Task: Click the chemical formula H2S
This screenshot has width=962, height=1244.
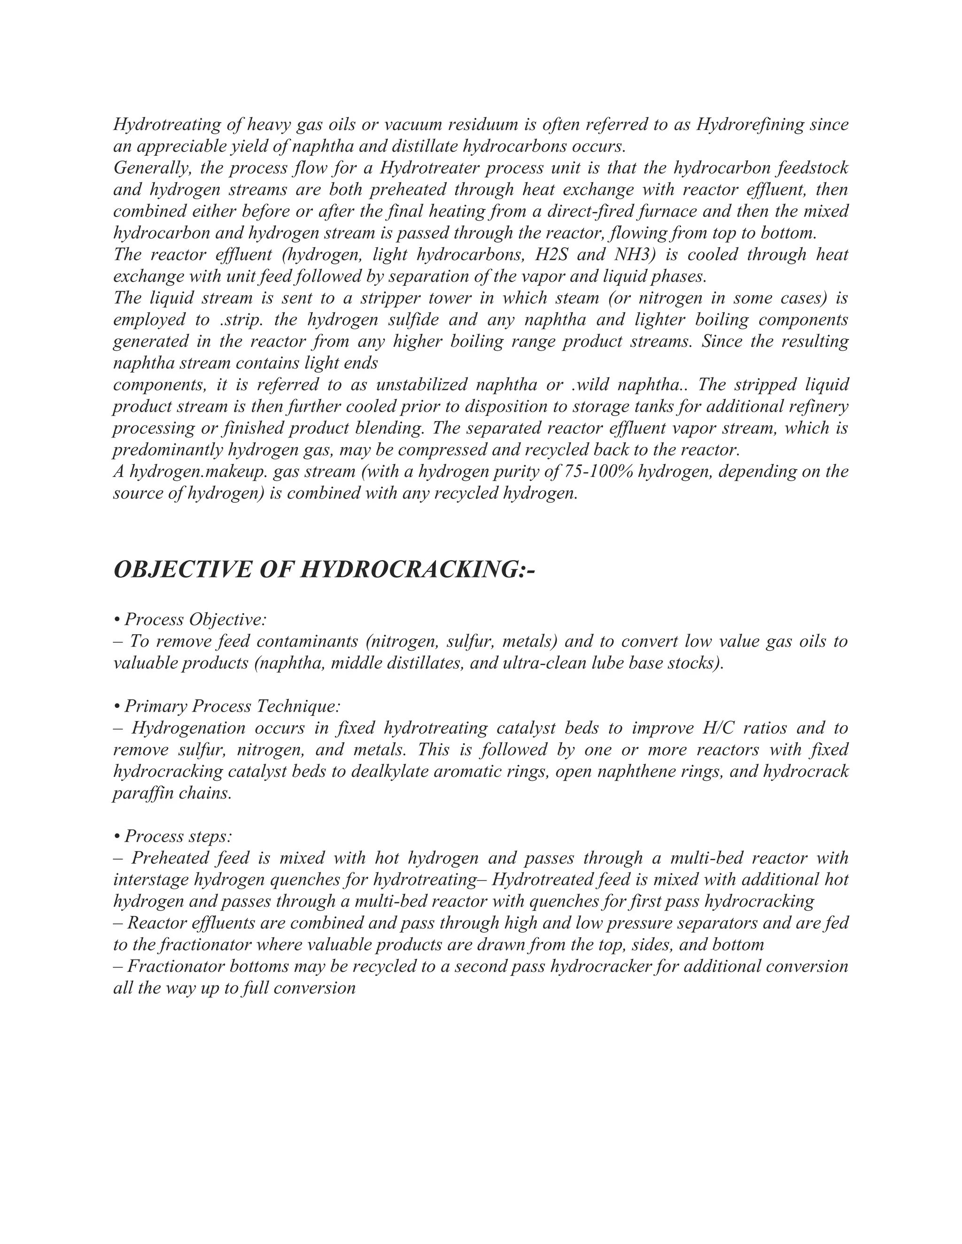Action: pos(551,254)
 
